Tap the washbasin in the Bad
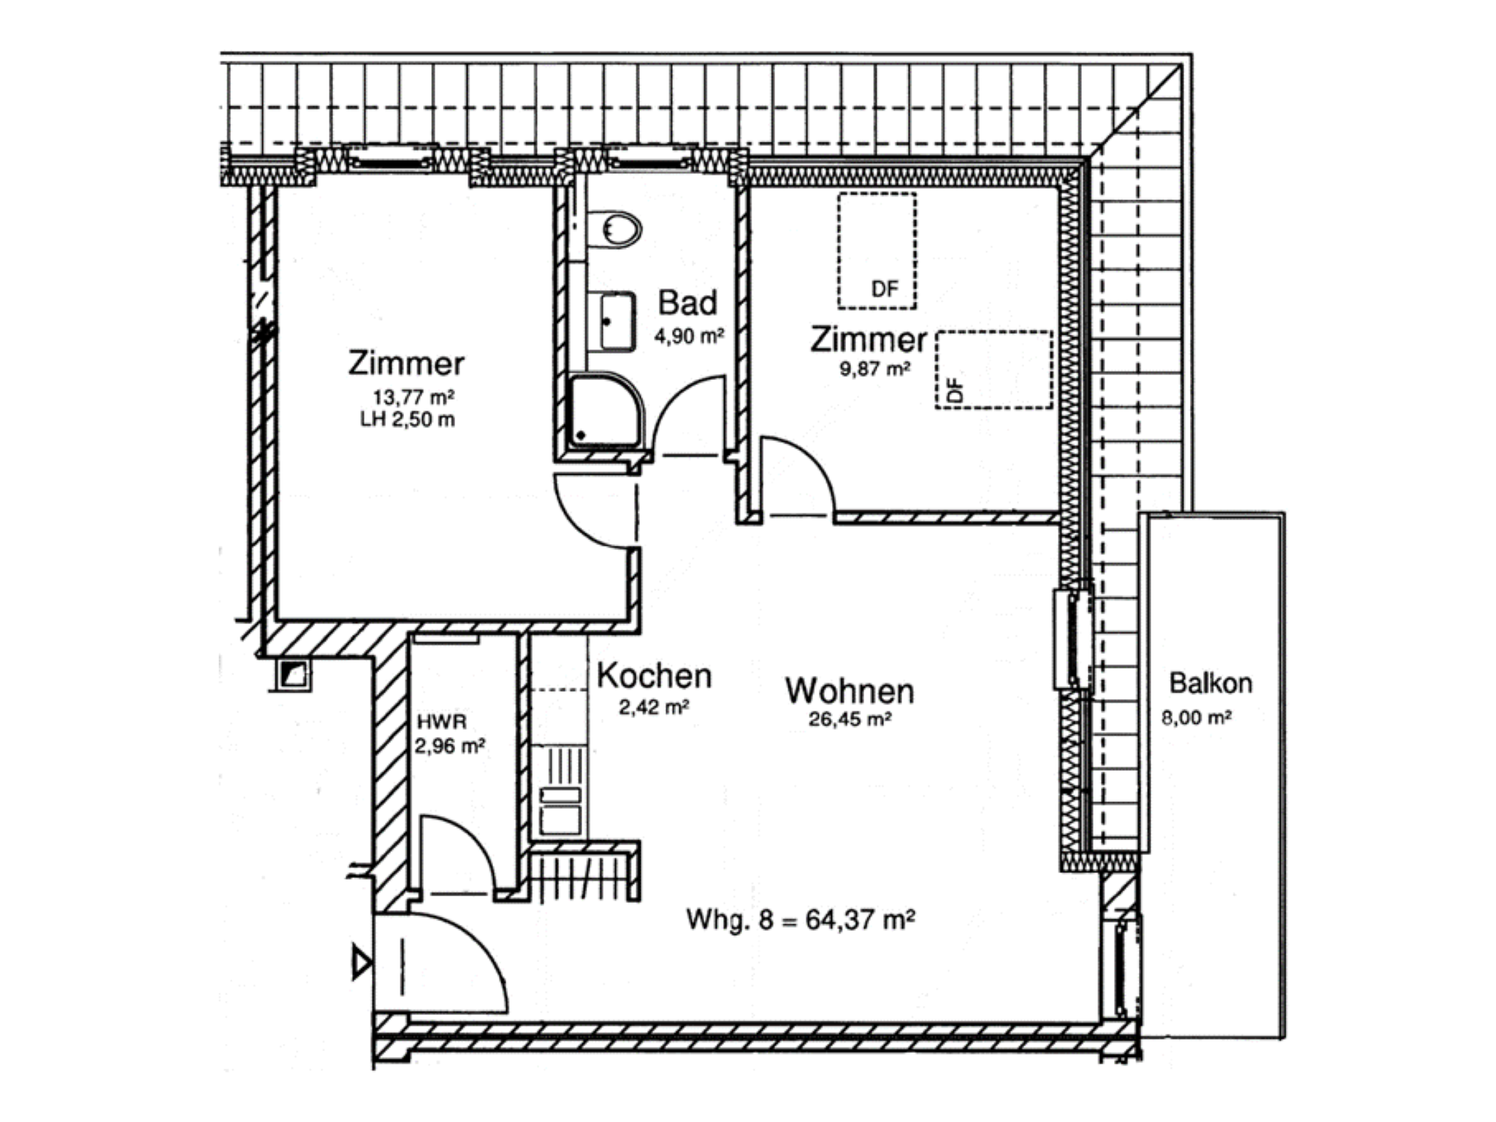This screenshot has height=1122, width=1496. [x=617, y=321]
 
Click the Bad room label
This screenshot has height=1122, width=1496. [x=687, y=302]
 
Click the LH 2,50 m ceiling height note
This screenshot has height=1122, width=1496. [x=408, y=419]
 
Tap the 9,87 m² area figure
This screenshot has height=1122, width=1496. [x=874, y=368]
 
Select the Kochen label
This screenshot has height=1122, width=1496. [x=654, y=676]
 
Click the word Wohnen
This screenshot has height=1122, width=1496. [x=850, y=691]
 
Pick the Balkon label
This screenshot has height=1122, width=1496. [x=1210, y=683]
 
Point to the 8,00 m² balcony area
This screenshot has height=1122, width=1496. [x=1197, y=717]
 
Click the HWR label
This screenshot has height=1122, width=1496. [x=442, y=722]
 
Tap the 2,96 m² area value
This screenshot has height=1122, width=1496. [x=450, y=747]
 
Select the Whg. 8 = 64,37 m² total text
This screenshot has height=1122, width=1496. [x=801, y=919]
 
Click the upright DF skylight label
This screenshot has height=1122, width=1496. [x=885, y=289]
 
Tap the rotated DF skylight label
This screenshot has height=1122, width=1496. [x=955, y=389]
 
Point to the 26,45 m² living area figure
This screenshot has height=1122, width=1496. [x=850, y=720]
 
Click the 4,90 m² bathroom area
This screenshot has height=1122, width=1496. [x=689, y=337]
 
